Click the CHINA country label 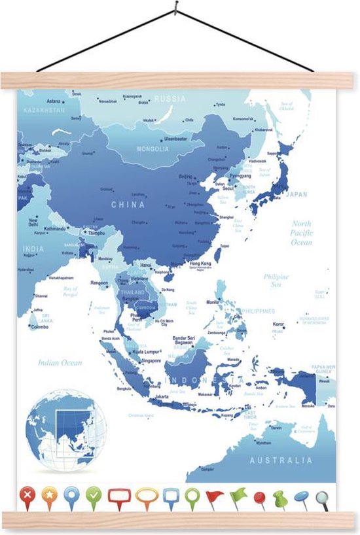click(x=128, y=204)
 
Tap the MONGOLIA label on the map click(x=153, y=148)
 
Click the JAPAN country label click(x=297, y=194)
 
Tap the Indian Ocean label click(x=60, y=362)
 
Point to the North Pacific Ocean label click(x=302, y=233)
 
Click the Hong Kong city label click(x=200, y=262)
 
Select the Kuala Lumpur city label click(x=147, y=352)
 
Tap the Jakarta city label click(x=162, y=396)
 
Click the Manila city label click(x=213, y=303)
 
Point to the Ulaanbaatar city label click(x=175, y=139)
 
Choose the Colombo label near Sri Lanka click(x=39, y=327)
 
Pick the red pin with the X click(x=27, y=497)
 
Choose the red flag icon click(x=215, y=498)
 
